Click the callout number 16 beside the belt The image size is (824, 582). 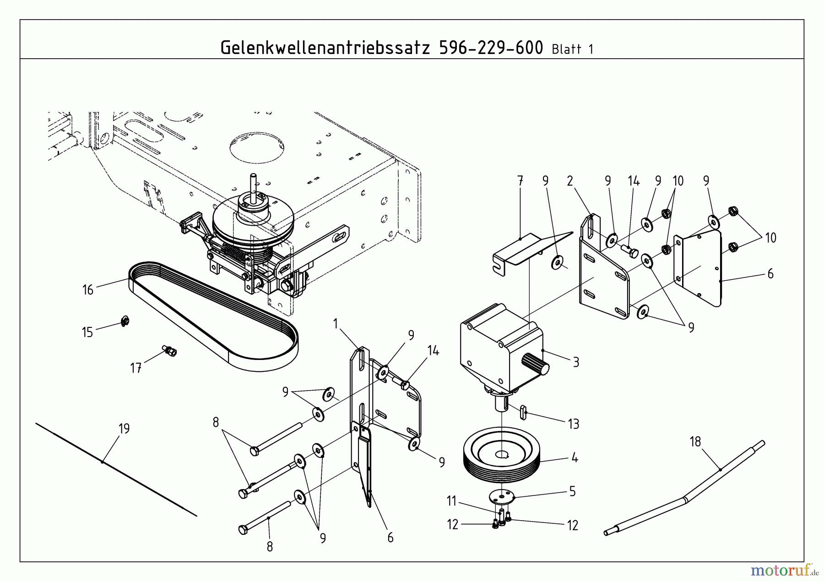pos(88,290)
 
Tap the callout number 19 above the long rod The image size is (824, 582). pos(124,429)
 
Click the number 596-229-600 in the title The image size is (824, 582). pos(491,48)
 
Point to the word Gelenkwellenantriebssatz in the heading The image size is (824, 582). pos(325,48)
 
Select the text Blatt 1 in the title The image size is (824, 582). pos(573,49)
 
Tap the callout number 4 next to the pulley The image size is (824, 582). pos(575,457)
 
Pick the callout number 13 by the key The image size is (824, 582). pos(574,424)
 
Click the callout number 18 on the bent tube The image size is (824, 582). pos(695,442)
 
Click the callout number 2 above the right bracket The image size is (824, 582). pos(570,181)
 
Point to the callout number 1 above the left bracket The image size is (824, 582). pos(336,324)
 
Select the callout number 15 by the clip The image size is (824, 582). pos(87,332)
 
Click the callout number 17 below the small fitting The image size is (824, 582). pos(136,368)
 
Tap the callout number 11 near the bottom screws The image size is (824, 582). pos(452,501)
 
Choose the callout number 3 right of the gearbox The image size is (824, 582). pos(576,362)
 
